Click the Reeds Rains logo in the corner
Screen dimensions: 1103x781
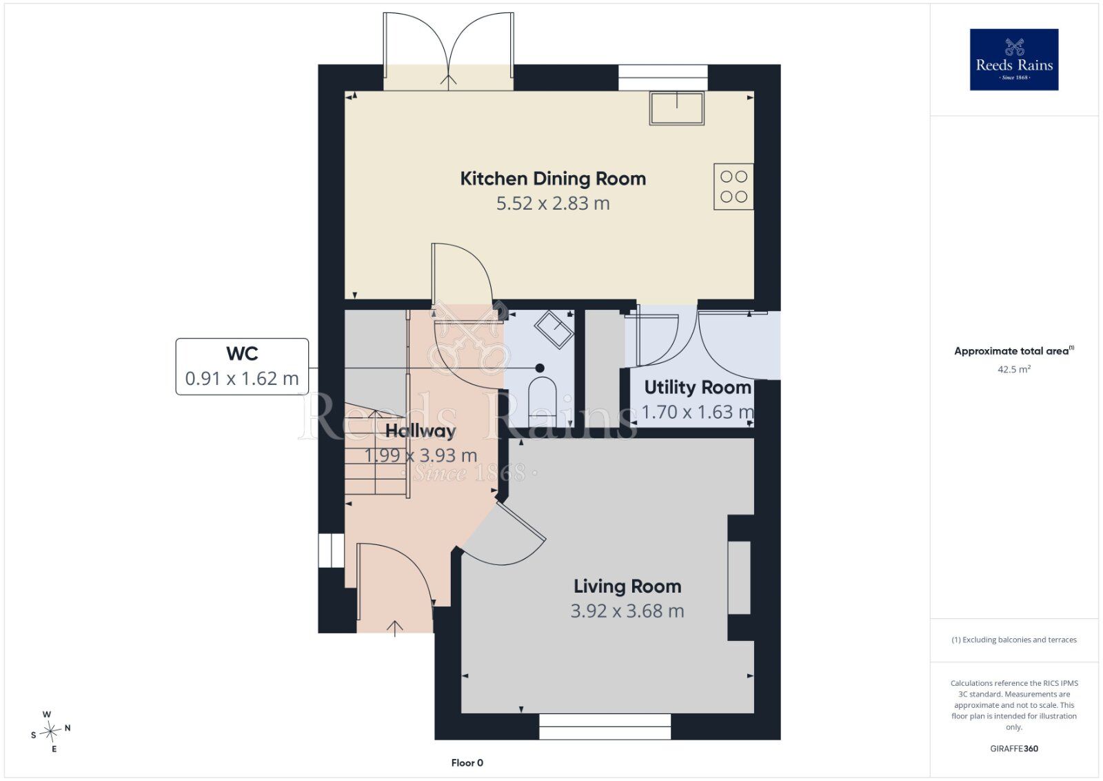click(1014, 59)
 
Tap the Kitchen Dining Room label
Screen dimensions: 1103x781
click(553, 179)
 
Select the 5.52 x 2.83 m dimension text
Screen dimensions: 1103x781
click(553, 203)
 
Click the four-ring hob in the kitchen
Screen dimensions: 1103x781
click(733, 187)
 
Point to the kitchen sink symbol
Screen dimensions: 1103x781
click(677, 108)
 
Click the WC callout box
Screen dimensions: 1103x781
click(242, 366)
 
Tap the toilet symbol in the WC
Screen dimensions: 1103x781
click(542, 402)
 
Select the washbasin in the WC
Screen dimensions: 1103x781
click(554, 329)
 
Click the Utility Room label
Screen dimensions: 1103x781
click(698, 387)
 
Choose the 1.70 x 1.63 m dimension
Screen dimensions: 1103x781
click(697, 412)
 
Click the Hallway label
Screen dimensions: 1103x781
click(421, 431)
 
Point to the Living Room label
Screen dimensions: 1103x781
click(628, 586)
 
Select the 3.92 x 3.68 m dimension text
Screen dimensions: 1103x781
click(628, 611)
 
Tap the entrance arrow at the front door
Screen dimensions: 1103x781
click(395, 629)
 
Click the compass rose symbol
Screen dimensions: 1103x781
click(50, 731)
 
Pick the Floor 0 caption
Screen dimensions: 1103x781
click(467, 763)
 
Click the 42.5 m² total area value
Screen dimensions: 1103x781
click(1014, 369)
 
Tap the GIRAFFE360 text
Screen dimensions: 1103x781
click(1014, 749)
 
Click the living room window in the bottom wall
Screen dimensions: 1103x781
click(605, 726)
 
